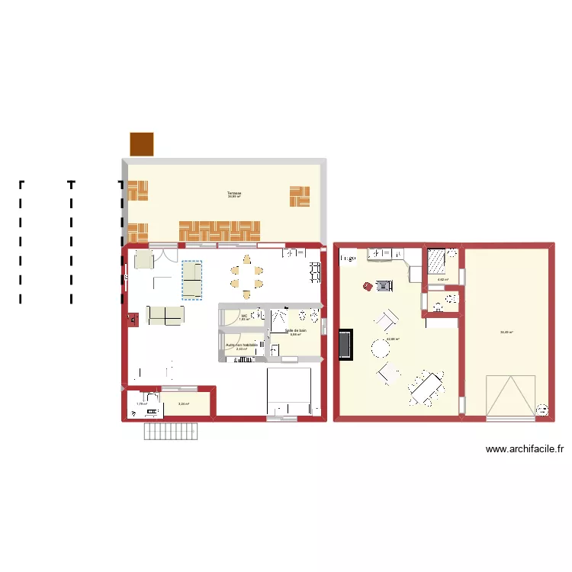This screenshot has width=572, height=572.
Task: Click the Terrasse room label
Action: (x=233, y=194)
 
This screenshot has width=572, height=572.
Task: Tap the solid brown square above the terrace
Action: (x=141, y=143)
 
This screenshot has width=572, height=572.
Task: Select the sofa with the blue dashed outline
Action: (x=191, y=279)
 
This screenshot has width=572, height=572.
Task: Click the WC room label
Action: (x=244, y=317)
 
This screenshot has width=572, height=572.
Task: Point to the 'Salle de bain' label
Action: (x=296, y=331)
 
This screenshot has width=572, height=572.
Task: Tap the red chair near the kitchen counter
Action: (x=367, y=286)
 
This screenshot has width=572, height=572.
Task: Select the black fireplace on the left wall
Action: (x=346, y=344)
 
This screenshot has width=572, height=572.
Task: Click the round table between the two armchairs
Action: (x=380, y=348)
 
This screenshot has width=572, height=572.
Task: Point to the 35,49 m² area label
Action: (x=506, y=332)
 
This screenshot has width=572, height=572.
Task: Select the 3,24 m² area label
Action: (x=183, y=404)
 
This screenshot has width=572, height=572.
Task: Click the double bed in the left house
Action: (x=289, y=391)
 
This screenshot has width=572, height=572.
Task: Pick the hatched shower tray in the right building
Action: (x=436, y=261)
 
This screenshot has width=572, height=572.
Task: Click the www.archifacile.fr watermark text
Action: (x=525, y=450)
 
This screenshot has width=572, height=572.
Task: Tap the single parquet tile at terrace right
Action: (x=299, y=196)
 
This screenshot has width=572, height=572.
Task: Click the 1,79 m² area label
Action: (x=140, y=404)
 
